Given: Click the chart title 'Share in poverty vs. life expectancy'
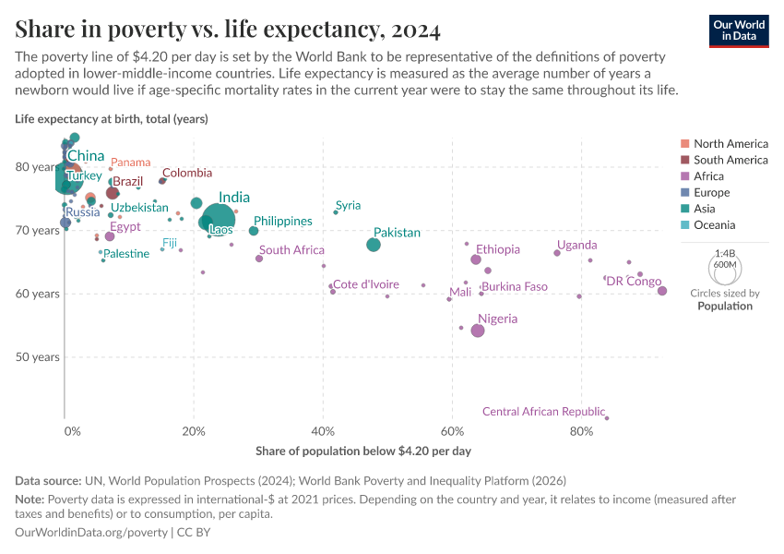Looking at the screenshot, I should pyautogui.click(x=227, y=30).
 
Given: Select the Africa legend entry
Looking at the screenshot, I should pyautogui.click(x=710, y=176).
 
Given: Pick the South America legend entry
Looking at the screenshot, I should pyautogui.click(x=730, y=160).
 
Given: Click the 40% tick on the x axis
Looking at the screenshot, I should pyautogui.click(x=323, y=431).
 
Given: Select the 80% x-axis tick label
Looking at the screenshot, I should pyautogui.click(x=581, y=431).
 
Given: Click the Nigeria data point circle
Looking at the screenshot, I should pyautogui.click(x=477, y=331).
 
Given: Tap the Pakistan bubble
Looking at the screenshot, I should pyautogui.click(x=373, y=245).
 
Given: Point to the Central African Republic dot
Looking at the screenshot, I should pyautogui.click(x=606, y=418).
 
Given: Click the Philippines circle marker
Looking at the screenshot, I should pyautogui.click(x=254, y=231).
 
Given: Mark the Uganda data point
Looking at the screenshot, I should pyautogui.click(x=557, y=253).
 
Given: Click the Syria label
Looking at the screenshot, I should pyautogui.click(x=348, y=206).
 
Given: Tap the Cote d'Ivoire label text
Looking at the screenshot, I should pyautogui.click(x=365, y=284).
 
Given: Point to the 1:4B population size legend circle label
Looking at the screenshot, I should pyautogui.click(x=725, y=253).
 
